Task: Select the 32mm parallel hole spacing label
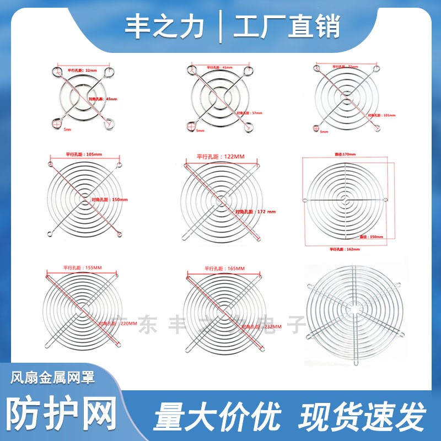pyautogui.click(x=82, y=71)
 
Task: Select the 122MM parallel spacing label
pyautogui.click(x=220, y=157)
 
